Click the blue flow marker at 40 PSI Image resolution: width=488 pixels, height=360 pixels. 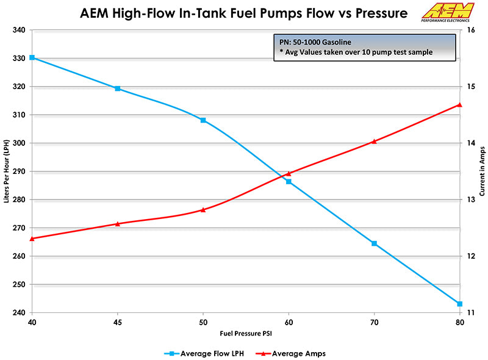point(32,57)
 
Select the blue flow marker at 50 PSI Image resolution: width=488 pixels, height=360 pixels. point(203,120)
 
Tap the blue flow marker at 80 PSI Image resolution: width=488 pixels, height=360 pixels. point(460,304)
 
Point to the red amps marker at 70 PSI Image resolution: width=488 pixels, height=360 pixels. point(375,141)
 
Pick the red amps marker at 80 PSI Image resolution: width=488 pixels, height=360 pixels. point(460,104)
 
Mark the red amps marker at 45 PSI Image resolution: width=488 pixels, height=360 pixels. point(118,223)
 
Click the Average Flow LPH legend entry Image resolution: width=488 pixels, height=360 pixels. point(204,353)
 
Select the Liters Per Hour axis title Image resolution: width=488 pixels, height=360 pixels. point(6,171)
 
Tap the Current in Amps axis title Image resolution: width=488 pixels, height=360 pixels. point(482,171)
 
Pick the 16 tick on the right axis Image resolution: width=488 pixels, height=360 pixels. point(471,30)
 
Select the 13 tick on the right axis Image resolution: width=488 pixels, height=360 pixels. point(471,200)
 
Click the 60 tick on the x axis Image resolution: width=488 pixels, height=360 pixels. point(289,321)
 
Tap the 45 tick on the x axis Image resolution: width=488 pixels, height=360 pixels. point(118,321)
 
